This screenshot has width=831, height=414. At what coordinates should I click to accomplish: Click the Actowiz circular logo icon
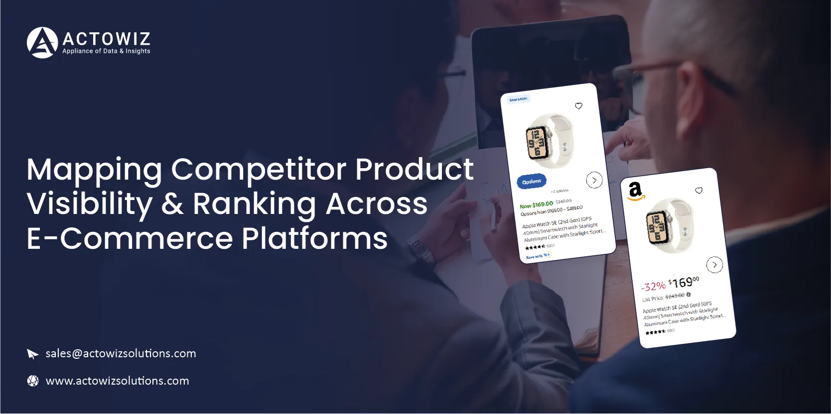(42, 43)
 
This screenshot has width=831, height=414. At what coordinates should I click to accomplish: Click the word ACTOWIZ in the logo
(106, 39)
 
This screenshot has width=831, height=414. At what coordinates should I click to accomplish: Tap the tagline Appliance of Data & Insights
(106, 51)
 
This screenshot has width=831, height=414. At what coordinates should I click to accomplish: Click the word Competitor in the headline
(259, 169)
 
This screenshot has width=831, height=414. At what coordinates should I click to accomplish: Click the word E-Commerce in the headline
(130, 238)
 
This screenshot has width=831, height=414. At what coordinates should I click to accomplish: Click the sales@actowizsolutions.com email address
(121, 354)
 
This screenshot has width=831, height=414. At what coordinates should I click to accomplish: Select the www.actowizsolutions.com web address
(117, 381)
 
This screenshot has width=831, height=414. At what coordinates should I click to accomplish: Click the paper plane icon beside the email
(32, 354)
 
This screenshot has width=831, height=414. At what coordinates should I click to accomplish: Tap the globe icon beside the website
(33, 381)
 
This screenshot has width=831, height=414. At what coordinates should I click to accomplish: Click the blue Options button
(532, 182)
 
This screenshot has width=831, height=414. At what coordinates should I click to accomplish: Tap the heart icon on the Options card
(578, 106)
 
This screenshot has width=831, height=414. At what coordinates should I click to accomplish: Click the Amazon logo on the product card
(635, 191)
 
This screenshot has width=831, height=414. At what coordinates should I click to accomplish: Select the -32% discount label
(653, 286)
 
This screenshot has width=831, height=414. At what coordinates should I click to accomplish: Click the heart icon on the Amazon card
(698, 191)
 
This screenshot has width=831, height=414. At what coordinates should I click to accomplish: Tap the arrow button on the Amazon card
(714, 265)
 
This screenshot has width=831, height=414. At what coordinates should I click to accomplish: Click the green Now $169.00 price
(536, 205)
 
